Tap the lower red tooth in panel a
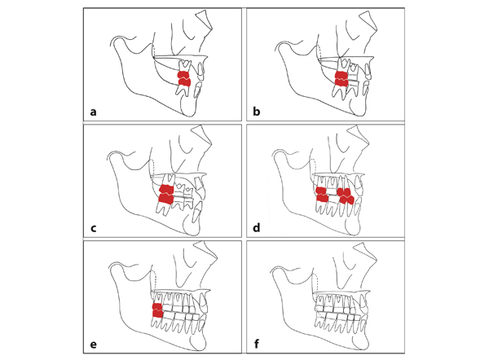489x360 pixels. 185,83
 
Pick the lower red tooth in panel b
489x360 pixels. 341,84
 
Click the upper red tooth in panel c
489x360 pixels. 165,190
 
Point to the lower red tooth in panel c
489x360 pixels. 165,199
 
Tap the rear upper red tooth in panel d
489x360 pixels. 322,193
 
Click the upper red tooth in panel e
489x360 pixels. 158,307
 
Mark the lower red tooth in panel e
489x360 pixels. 158,316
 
